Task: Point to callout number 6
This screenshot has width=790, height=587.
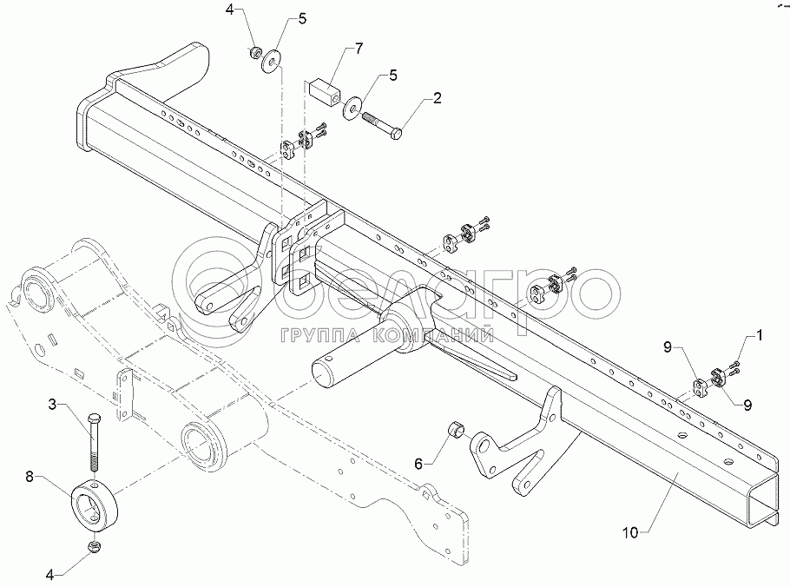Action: pyautogui.click(x=418, y=465)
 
